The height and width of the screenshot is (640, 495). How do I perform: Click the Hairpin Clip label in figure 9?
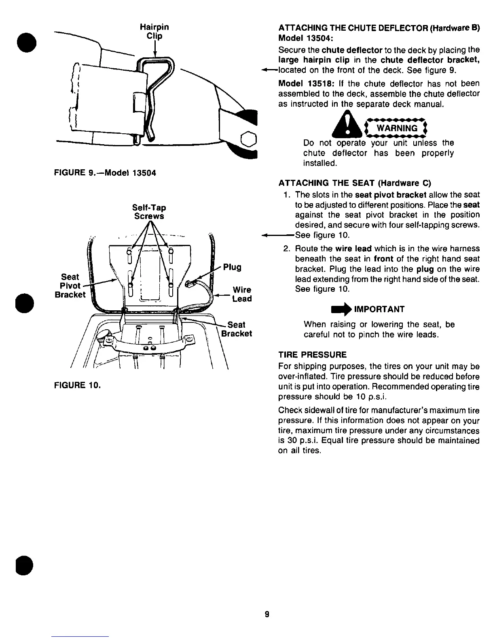tap(154, 32)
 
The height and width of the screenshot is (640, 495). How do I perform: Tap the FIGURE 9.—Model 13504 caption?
tap(105, 173)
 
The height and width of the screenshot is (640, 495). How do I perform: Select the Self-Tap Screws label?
tap(149, 212)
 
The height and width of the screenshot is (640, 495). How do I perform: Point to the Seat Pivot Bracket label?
tap(70, 286)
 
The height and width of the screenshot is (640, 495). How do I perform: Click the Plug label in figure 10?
tap(232, 267)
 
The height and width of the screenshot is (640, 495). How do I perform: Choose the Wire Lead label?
tap(242, 294)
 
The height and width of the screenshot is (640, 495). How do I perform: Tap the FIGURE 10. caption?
tap(77, 385)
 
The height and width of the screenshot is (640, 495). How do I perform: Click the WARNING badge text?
tap(397, 128)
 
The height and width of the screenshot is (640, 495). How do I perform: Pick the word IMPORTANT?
tap(379, 309)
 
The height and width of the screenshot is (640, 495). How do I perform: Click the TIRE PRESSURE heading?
tap(312, 355)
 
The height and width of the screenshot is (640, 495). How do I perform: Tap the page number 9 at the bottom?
tap(267, 615)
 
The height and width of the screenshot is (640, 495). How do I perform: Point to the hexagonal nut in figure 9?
tap(248, 139)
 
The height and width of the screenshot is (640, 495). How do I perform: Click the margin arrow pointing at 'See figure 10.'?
tap(278, 235)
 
